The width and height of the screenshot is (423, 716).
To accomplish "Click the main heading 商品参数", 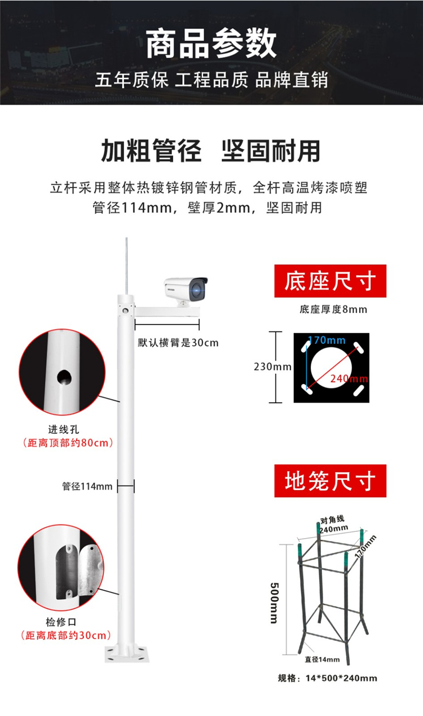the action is click(211, 43).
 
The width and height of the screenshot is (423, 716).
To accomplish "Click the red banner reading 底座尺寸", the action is click(330, 281).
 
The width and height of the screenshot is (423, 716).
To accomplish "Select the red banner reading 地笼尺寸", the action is click(330, 481).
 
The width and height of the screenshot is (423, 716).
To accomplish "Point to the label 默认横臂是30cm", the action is click(178, 343).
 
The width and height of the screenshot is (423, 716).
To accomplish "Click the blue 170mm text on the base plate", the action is click(327, 340).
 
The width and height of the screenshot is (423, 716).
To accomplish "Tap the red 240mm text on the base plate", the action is click(349, 379).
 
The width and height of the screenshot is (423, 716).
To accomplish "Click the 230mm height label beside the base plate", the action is click(272, 366).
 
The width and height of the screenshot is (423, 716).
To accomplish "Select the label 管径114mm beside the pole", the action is click(87, 487).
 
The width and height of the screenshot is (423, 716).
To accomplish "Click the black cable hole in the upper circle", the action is click(64, 377).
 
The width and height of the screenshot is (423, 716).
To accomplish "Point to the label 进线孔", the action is click(64, 430).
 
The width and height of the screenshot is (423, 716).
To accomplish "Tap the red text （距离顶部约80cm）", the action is click(68, 443).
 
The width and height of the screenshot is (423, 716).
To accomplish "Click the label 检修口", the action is click(61, 622).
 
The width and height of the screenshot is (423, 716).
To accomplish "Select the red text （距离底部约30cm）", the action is click(66, 635).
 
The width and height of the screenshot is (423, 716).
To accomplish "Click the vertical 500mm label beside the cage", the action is click(275, 603).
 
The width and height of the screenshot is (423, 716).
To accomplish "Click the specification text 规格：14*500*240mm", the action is click(328, 678).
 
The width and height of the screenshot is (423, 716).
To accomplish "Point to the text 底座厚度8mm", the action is click(333, 309).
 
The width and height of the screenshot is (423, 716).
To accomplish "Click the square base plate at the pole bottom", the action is click(127, 654).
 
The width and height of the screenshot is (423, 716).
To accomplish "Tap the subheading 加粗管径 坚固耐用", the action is click(211, 151).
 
